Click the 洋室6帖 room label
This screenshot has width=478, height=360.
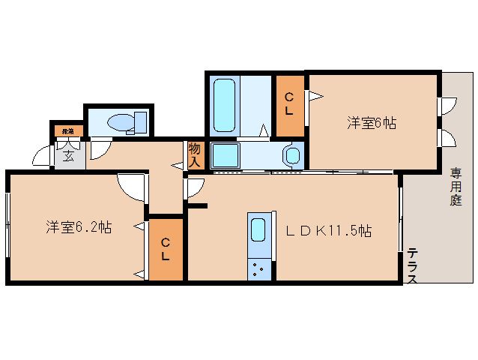371,123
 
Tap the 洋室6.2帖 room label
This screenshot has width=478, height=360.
79,227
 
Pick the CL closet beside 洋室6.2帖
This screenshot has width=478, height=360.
166,250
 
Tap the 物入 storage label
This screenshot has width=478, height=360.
195,154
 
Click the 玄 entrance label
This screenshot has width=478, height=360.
68,156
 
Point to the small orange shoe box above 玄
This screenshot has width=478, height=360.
67,131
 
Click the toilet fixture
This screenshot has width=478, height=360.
126,122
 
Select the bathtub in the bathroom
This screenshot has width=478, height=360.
225,105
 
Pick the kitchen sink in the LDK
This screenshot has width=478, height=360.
258,230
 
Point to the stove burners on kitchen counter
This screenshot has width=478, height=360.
259,268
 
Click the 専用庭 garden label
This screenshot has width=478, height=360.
456,187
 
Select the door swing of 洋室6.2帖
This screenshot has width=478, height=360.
131,187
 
